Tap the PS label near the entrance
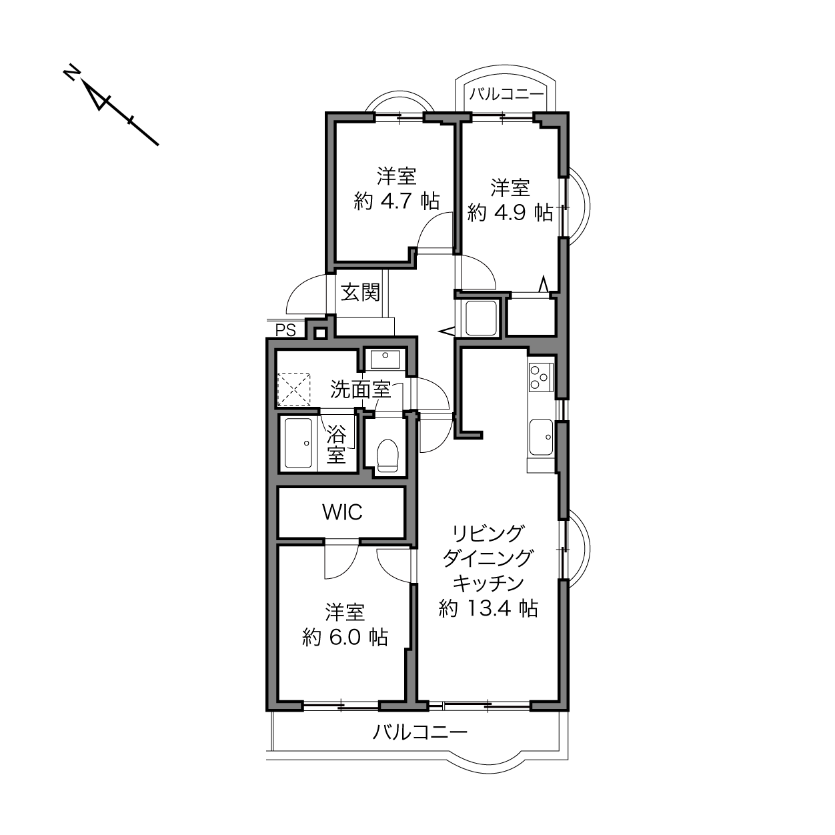285,331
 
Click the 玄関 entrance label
360,293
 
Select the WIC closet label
342,512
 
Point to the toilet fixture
387,455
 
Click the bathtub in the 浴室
299,443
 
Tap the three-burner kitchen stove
541,377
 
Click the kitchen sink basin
541,438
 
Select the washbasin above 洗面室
385,359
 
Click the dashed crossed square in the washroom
294,389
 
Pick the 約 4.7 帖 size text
396,201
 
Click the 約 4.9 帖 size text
510,213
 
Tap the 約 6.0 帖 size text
345,638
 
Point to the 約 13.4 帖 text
488,608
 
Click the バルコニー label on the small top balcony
507,93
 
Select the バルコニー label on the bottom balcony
420,732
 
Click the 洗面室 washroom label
361,389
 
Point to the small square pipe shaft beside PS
320,333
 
